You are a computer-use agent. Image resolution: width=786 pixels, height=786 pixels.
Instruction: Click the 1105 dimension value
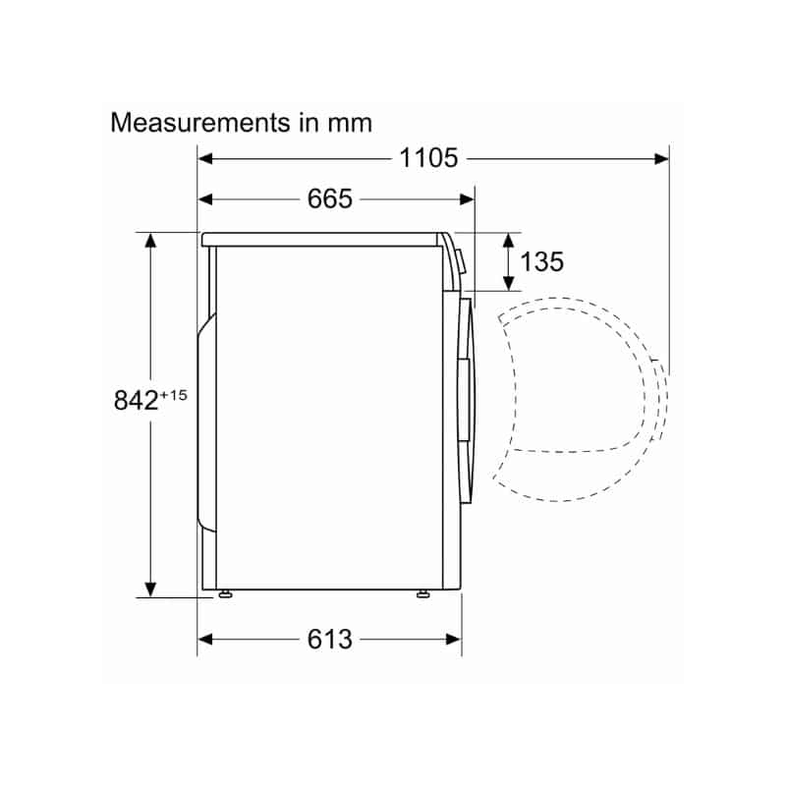(x=428, y=158)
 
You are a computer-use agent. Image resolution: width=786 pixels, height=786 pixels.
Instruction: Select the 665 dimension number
(x=330, y=199)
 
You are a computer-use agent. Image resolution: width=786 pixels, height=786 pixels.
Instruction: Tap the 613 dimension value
(x=330, y=640)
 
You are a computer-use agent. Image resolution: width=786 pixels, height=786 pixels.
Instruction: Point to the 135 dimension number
(x=542, y=261)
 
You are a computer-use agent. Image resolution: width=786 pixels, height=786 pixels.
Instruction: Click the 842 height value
(x=136, y=401)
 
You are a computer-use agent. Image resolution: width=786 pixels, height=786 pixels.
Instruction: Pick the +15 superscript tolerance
(x=174, y=396)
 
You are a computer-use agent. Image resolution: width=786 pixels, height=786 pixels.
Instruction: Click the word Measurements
(x=200, y=123)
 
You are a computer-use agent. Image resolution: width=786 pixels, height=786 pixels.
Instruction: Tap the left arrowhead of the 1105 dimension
(x=205, y=159)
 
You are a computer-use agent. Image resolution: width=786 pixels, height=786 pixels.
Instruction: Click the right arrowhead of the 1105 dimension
(x=661, y=159)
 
